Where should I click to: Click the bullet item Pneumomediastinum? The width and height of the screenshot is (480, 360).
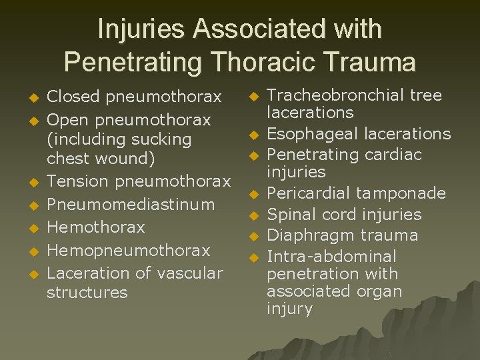coord(131,204)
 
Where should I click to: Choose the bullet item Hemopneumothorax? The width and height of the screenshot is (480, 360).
coord(129,250)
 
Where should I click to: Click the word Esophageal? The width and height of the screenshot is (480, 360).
coord(309,133)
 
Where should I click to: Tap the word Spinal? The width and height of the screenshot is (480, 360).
coord(289,215)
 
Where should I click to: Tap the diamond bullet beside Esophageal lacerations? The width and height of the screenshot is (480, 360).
coord(254,135)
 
